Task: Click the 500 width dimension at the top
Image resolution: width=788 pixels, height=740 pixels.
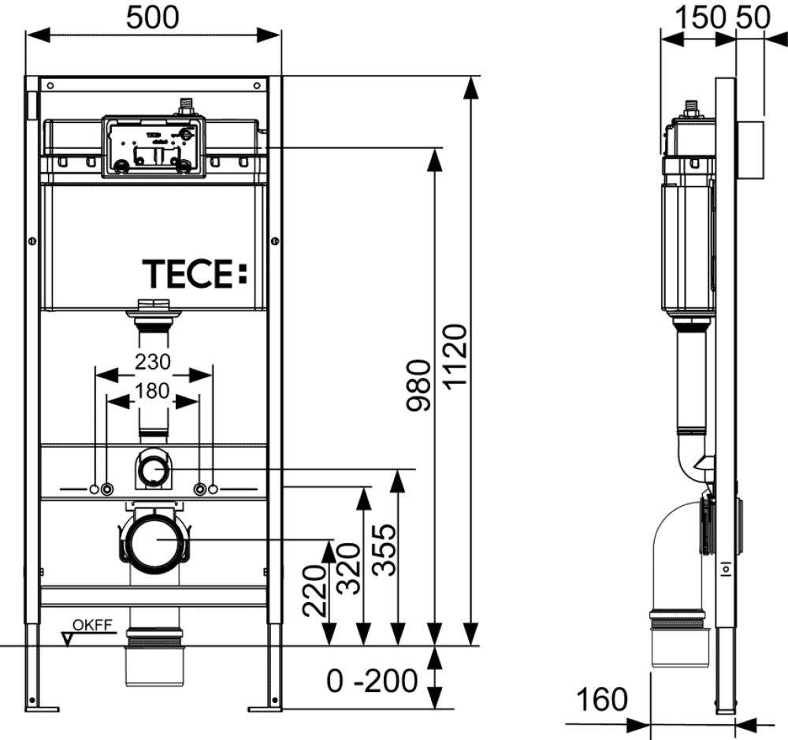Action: [x=153, y=17]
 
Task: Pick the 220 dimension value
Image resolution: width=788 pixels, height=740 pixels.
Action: [x=315, y=592]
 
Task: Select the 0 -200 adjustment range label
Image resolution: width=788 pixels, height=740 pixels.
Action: [x=372, y=680]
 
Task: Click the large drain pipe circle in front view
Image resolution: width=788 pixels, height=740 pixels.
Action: [x=154, y=540]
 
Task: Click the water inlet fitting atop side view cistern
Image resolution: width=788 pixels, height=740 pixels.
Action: [x=693, y=109]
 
